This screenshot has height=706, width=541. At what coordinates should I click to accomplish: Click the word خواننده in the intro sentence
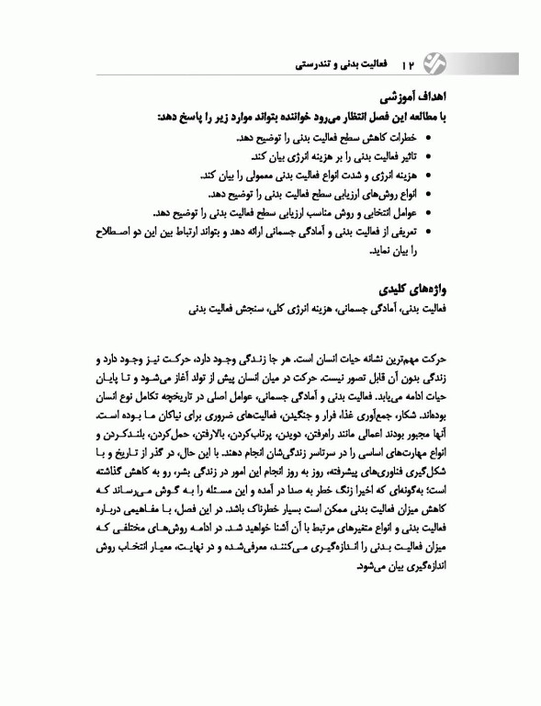pos(272,118)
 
